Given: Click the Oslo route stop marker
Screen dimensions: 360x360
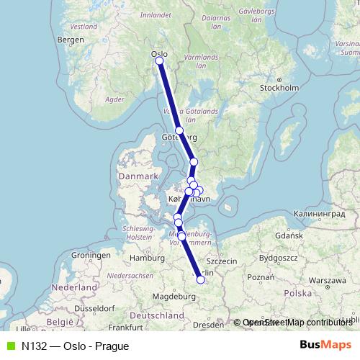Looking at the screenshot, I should coord(159,61).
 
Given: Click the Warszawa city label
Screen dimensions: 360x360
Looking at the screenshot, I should coord(331,279).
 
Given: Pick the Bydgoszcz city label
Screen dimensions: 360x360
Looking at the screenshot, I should coord(278,256).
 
